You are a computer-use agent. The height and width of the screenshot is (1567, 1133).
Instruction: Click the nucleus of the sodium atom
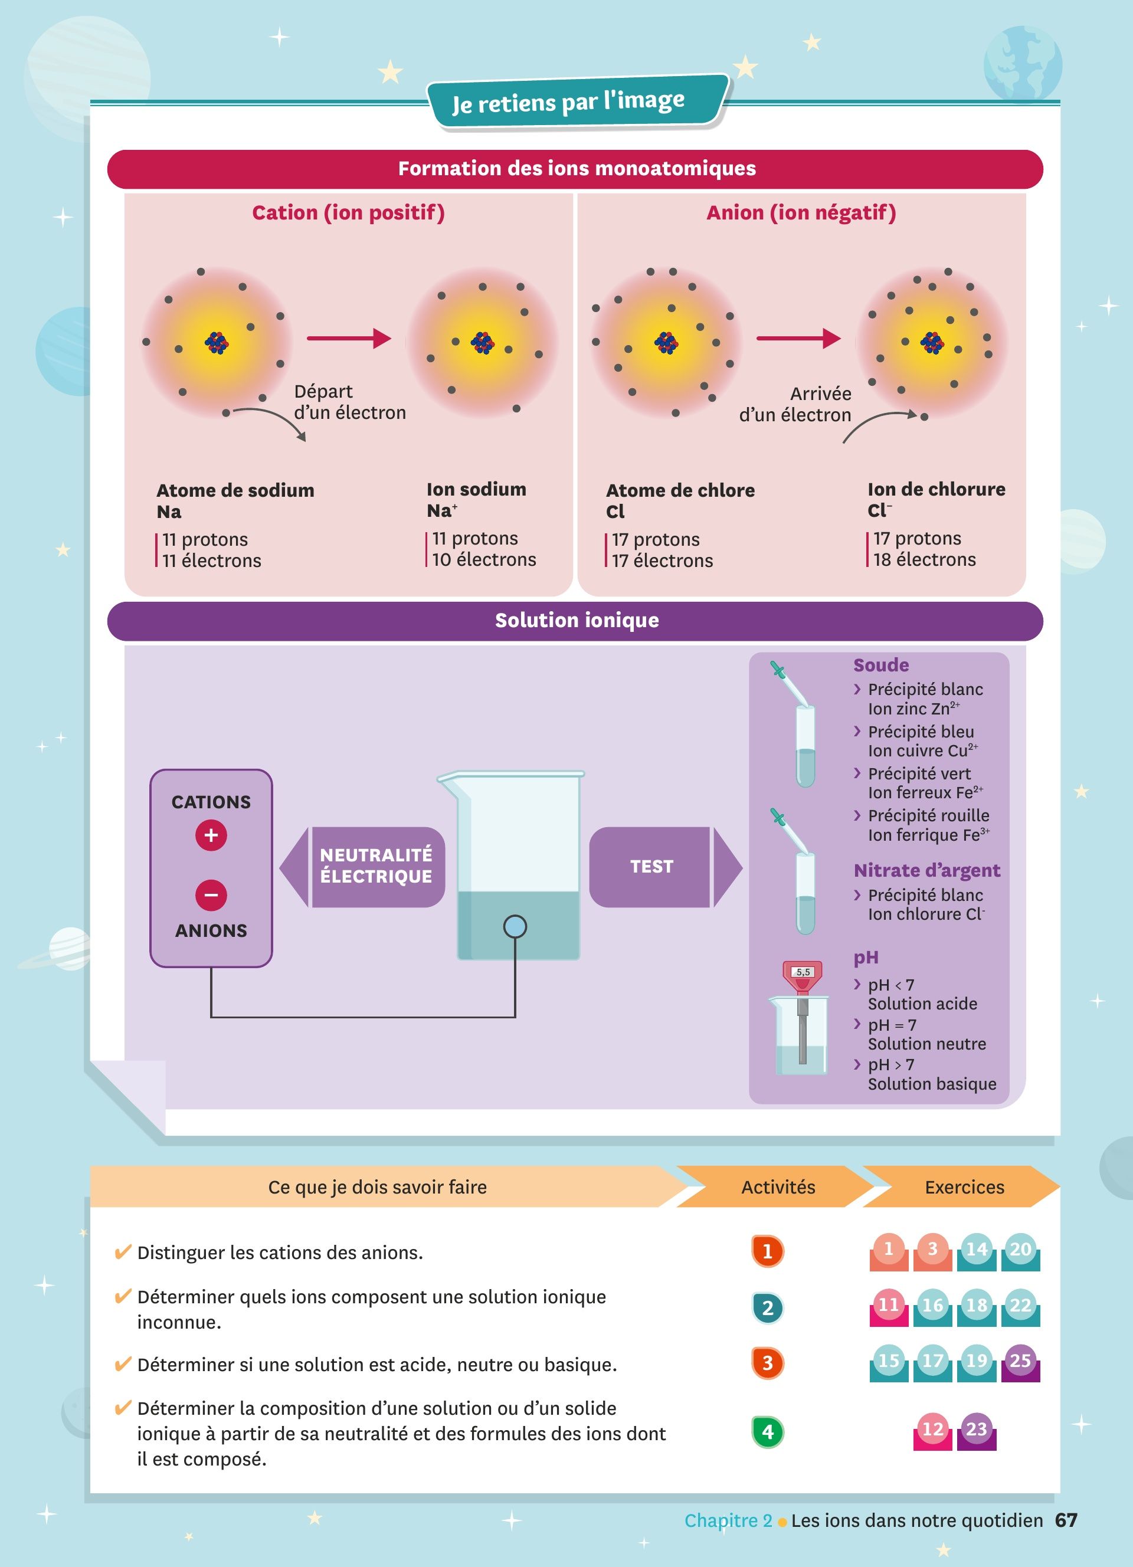[216, 342]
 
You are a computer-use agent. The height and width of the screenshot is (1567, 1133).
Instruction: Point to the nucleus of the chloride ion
[932, 342]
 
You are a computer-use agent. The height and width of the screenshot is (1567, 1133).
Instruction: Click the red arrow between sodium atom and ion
[349, 339]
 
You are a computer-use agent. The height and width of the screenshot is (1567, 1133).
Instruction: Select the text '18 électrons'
[924, 560]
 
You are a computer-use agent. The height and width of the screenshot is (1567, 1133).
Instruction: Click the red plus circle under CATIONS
[211, 835]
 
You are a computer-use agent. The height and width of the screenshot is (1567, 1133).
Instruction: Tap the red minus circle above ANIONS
[211, 895]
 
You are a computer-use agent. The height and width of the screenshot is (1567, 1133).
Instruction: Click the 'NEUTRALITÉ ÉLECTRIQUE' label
[376, 866]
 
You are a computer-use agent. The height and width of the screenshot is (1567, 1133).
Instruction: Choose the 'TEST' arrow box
[651, 867]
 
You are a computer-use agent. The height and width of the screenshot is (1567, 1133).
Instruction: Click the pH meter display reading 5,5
[803, 972]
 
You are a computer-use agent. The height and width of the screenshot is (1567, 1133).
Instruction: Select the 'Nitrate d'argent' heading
[926, 871]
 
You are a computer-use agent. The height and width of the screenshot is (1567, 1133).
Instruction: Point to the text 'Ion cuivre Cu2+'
[922, 751]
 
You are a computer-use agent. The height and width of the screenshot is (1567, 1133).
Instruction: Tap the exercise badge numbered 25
[1020, 1361]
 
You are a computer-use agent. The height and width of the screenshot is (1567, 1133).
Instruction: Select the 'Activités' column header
[778, 1187]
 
